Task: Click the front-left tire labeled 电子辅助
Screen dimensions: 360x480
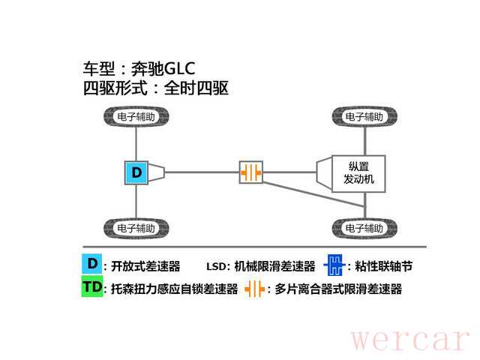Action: [136, 117]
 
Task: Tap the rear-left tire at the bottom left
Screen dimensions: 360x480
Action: [136, 227]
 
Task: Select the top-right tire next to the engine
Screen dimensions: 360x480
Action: [364, 117]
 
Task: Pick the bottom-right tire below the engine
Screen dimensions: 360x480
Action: [364, 227]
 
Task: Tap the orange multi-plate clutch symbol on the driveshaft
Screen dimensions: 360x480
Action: [252, 172]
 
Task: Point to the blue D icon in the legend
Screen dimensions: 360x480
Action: [91, 264]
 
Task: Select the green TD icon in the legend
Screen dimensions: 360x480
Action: [91, 288]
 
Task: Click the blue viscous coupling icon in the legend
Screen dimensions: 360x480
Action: [333, 265]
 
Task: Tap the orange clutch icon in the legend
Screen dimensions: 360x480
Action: [256, 289]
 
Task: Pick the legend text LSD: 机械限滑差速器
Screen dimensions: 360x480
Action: [260, 265]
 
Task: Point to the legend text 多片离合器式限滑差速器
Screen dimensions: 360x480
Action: [337, 289]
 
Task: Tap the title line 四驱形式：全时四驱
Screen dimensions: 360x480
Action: [155, 88]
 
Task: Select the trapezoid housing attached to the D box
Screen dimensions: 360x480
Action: [157, 172]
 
